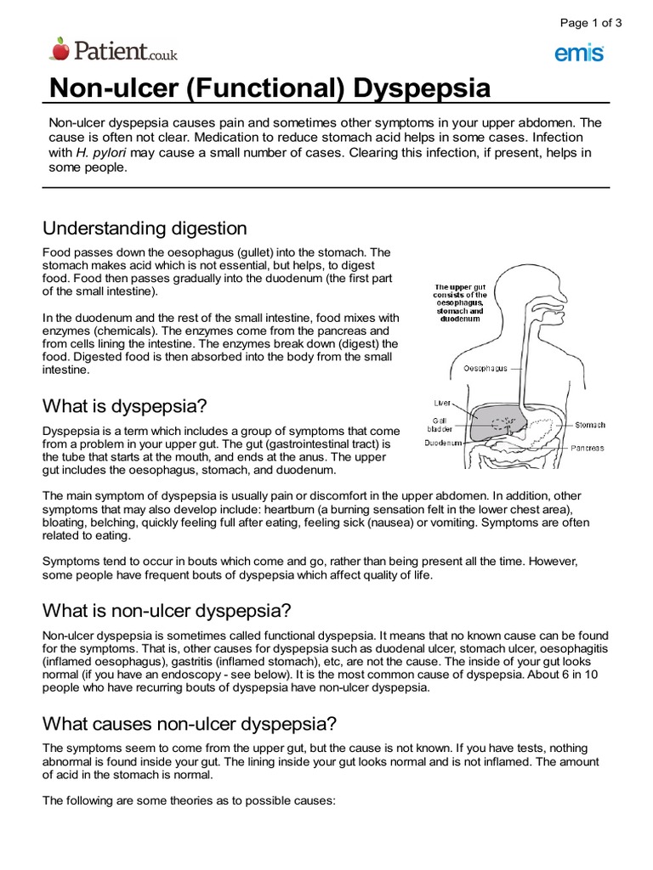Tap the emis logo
[x=579, y=54]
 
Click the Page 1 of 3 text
[x=589, y=23]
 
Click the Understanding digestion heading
[x=145, y=229]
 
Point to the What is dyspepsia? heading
[x=125, y=404]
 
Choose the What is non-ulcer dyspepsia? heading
[x=167, y=611]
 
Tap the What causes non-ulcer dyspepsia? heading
[x=190, y=724]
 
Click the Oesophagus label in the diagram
[x=485, y=369]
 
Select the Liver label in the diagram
[x=442, y=403]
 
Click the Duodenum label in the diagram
[x=443, y=443]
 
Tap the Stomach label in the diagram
[x=590, y=425]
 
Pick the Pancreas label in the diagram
[x=588, y=448]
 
